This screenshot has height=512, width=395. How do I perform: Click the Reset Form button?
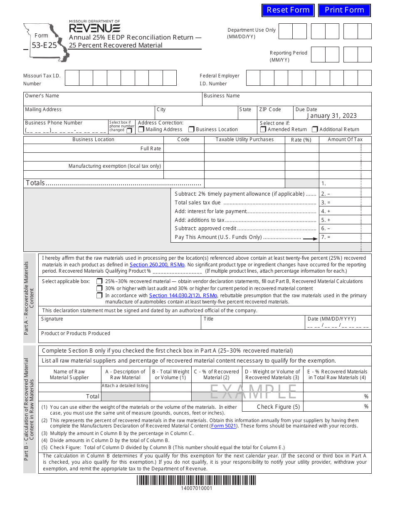coord(288,10)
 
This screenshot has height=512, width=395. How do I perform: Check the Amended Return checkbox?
coord(263,129)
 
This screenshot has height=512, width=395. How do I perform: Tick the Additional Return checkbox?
coord(315,129)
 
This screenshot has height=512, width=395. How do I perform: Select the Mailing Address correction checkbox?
coord(141,129)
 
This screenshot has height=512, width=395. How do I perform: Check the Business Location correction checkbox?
coord(191,129)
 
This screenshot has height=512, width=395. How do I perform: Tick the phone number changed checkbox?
coord(129,131)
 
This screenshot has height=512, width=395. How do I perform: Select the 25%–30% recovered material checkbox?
coord(99,281)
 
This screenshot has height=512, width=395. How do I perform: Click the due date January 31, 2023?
coord(332,116)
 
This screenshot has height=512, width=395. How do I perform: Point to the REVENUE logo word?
coord(95,28)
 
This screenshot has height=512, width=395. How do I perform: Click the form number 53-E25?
coord(42,45)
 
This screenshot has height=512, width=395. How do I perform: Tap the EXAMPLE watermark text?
coord(253,392)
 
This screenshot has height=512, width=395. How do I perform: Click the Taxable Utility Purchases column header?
coord(244,139)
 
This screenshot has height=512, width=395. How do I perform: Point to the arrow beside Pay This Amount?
coord(310,239)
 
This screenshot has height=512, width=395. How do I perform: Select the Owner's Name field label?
coord(42,96)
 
